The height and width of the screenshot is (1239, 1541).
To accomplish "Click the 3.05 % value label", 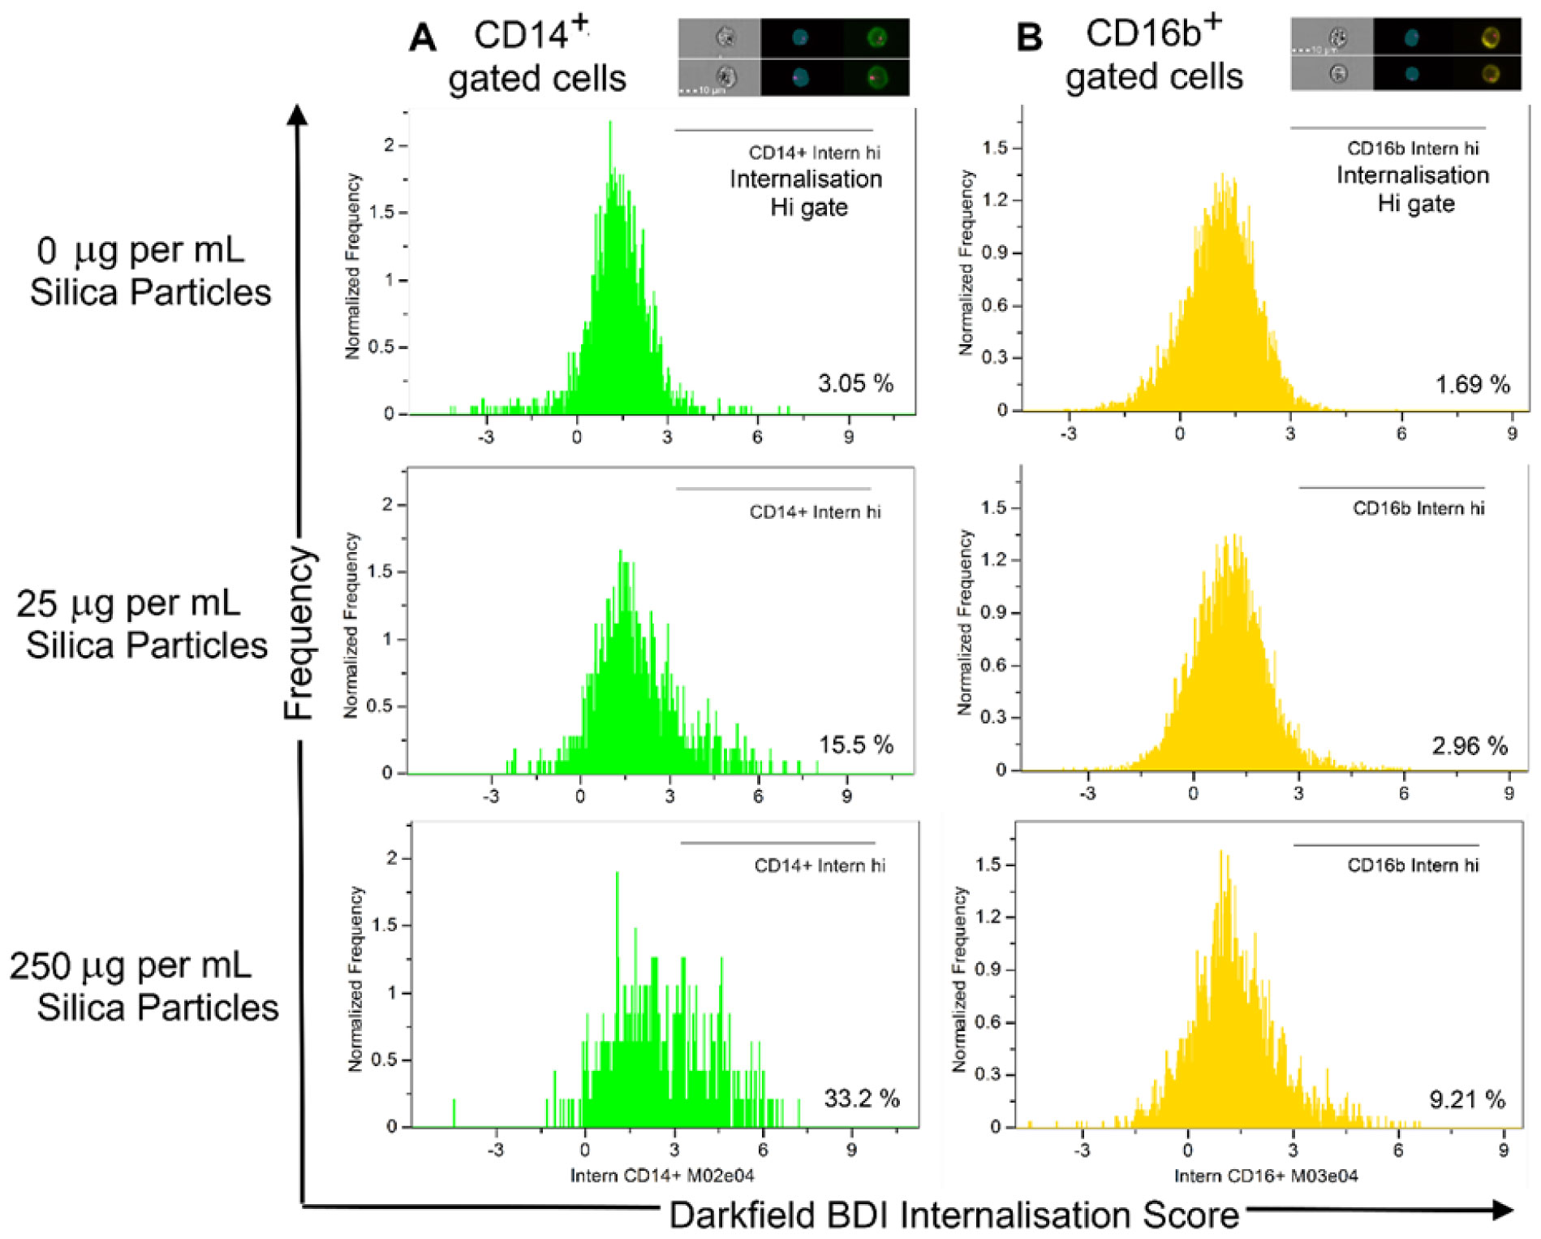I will click(x=855, y=383).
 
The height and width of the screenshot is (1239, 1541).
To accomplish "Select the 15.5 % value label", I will click(x=855, y=745).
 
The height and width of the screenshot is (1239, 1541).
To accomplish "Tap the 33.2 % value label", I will click(x=861, y=1099).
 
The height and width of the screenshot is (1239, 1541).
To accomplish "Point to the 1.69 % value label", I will click(x=1472, y=384).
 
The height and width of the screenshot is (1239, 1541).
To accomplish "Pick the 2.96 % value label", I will click(x=1470, y=745).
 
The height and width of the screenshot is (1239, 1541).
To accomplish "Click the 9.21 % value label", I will click(x=1466, y=1100).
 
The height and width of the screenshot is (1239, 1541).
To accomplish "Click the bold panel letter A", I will click(x=423, y=37).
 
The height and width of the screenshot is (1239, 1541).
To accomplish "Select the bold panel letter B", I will click(x=1030, y=37).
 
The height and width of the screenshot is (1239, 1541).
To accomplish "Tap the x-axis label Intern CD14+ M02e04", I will click(x=662, y=1175).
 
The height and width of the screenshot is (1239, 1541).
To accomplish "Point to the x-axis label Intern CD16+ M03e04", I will click(x=1266, y=1175).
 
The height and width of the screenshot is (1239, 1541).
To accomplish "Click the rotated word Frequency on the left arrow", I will click(x=299, y=633).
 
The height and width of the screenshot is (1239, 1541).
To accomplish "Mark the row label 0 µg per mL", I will click(x=140, y=250).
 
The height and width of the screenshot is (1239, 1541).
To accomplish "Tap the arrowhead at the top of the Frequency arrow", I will click(x=299, y=114).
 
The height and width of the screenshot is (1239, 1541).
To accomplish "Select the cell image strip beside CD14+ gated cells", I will click(x=794, y=57).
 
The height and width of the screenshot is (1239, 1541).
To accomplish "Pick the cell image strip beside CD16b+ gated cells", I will click(x=1405, y=54).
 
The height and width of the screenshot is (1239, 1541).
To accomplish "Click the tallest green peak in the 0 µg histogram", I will click(x=609, y=123).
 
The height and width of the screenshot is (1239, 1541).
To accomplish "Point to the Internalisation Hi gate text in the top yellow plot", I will click(x=1414, y=189).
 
